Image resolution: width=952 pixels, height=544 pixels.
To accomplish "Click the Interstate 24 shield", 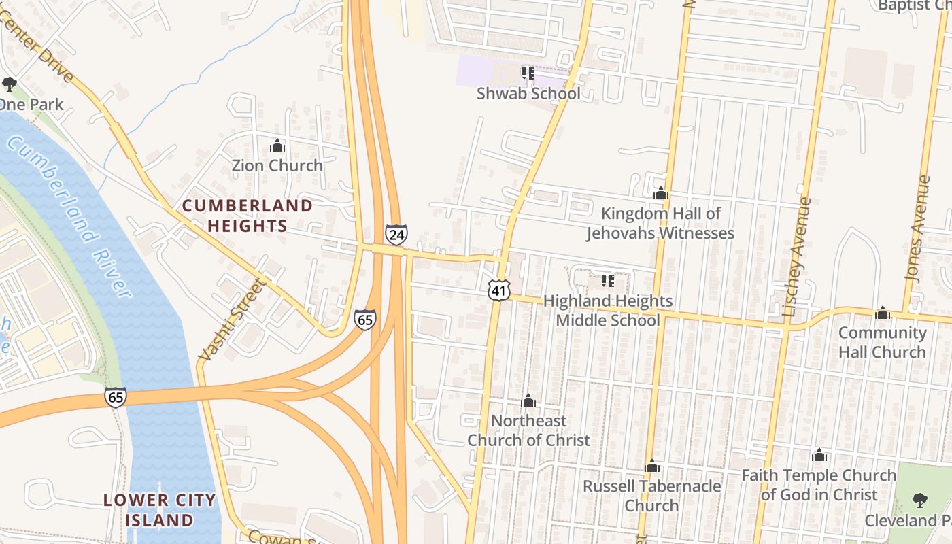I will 396,235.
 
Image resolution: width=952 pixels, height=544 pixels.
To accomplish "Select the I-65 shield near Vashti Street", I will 365,320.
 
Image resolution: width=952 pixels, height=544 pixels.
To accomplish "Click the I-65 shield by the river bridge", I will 116,398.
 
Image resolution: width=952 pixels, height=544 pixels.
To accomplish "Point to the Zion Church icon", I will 277,146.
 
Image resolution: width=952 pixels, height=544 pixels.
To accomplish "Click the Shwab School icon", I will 528,73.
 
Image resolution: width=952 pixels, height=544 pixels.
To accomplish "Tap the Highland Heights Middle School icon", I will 607,280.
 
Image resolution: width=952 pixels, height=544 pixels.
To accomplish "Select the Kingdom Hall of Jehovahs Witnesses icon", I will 660,194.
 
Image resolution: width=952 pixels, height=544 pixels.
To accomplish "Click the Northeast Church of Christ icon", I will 528,401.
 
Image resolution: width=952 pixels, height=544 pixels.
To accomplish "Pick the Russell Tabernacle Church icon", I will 652,466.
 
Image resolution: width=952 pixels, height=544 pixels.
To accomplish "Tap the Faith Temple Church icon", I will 819,455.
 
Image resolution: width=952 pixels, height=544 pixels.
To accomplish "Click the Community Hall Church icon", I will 883,313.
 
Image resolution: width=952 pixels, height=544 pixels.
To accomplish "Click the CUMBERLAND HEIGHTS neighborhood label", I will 248,216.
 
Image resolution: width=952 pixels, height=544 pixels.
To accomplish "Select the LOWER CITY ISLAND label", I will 159,510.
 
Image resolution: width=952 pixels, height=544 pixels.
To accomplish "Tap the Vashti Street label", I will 231,319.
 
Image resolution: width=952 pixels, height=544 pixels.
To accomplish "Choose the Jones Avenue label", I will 917,228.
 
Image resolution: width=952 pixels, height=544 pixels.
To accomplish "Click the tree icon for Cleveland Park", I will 919,500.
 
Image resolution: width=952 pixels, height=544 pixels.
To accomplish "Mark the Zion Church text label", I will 277,165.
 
